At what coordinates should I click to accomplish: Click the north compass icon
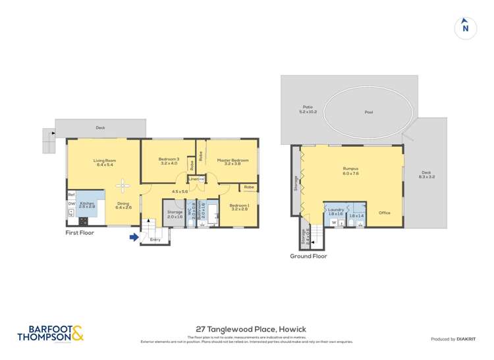(x=465, y=28)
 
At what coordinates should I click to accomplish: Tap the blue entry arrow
(x=134, y=238)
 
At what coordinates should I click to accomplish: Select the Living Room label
(x=105, y=161)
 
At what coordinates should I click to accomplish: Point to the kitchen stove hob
(x=84, y=218)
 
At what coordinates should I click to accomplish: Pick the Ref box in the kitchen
(x=71, y=195)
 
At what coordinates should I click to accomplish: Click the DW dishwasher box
(x=71, y=204)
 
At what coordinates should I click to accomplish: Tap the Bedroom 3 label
(x=169, y=160)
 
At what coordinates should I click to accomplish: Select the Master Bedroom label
(x=233, y=161)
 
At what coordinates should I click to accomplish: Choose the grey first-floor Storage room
(x=175, y=215)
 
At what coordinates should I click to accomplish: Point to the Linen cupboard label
(x=194, y=179)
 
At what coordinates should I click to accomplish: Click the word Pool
(x=369, y=112)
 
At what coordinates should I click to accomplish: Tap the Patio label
(x=308, y=109)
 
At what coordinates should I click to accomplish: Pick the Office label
(x=385, y=213)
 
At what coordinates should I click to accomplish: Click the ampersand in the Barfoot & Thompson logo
(x=77, y=334)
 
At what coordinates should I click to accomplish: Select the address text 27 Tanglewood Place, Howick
(x=251, y=329)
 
